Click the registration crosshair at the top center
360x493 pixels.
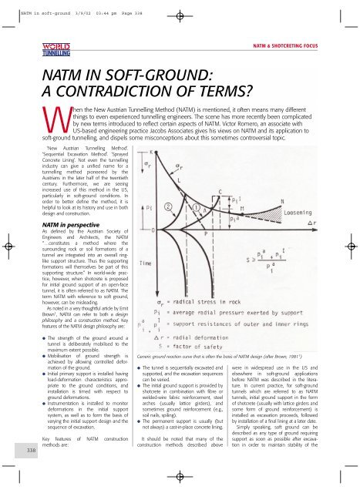(180, 13)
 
